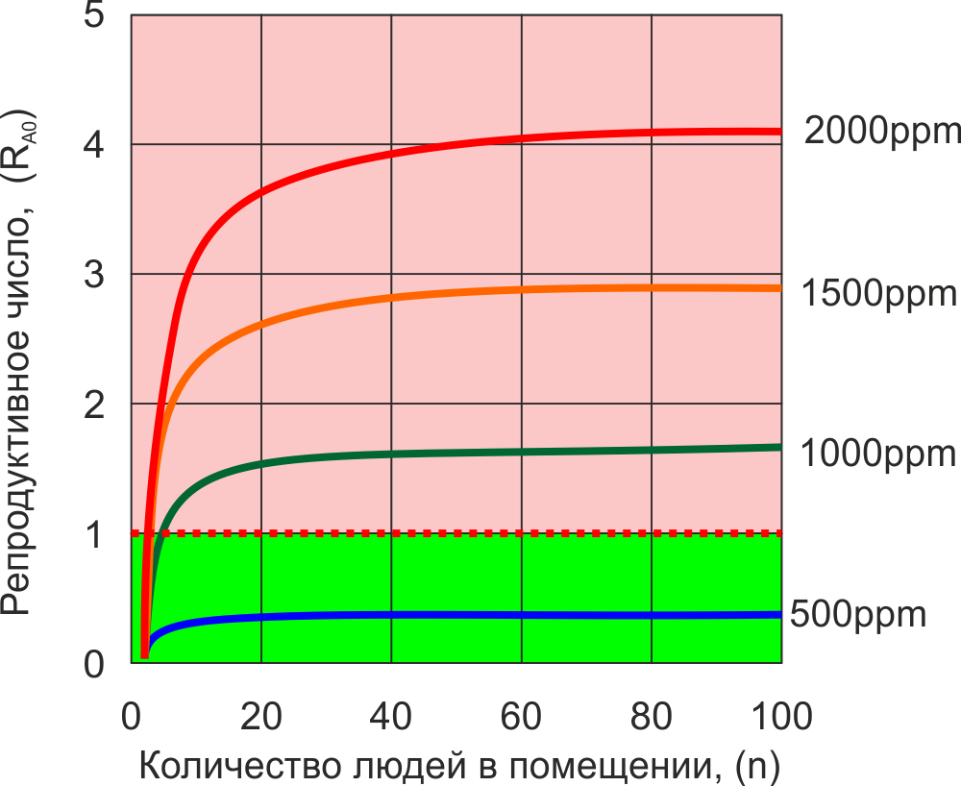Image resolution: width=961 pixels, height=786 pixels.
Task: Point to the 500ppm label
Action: pos(857,614)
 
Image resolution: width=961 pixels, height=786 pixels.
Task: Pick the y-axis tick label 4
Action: pos(94,146)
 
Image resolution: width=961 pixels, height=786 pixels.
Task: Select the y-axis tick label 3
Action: pos(94,276)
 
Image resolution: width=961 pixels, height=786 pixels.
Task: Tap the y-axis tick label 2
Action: pos(94,405)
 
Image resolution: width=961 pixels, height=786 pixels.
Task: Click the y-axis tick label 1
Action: pos(94,535)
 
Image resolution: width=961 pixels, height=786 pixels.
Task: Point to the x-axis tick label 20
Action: pos(261,717)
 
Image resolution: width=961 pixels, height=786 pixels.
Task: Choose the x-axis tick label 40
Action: pos(391,717)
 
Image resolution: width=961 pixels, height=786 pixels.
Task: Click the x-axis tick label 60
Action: pos(522,717)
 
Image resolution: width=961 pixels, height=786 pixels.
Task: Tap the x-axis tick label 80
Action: pos(652,717)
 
